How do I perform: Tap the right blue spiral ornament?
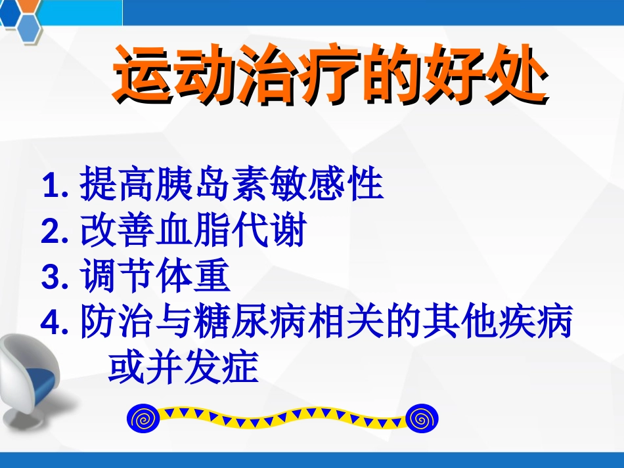point(422,417)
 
